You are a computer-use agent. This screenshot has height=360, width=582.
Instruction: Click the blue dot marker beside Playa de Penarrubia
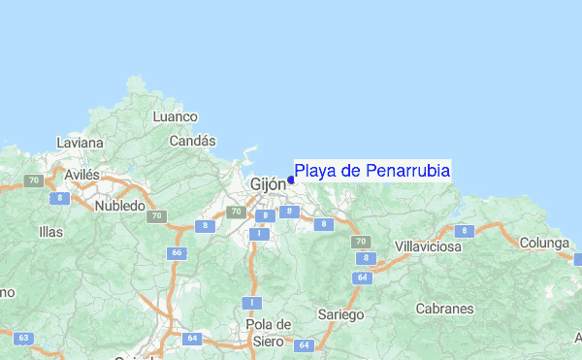[x=291, y=180]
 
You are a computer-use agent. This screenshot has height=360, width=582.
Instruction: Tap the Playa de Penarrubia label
[x=372, y=171]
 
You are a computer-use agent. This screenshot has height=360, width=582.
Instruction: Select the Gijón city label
[x=268, y=183]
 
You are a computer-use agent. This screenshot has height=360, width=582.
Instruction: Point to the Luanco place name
[x=176, y=116]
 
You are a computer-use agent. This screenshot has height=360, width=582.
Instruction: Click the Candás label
[x=192, y=141]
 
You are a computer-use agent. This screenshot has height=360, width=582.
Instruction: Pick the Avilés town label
[x=81, y=175]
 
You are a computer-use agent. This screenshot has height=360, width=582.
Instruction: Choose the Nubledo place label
[x=120, y=206]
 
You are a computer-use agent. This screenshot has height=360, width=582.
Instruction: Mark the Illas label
[x=50, y=232]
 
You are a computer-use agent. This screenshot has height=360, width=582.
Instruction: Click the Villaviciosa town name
[x=428, y=247]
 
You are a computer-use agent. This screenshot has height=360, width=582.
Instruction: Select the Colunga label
[x=543, y=243]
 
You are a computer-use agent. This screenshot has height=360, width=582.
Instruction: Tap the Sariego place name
[x=340, y=314]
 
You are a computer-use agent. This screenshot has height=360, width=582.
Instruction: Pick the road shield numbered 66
[x=177, y=252]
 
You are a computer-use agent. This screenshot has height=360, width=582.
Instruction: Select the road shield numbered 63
[x=24, y=339]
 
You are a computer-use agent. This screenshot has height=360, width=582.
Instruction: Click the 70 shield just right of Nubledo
[x=156, y=216]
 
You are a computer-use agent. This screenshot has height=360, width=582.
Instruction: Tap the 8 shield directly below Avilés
[x=61, y=198]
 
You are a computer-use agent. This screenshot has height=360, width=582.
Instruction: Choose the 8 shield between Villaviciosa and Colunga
[x=465, y=231]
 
